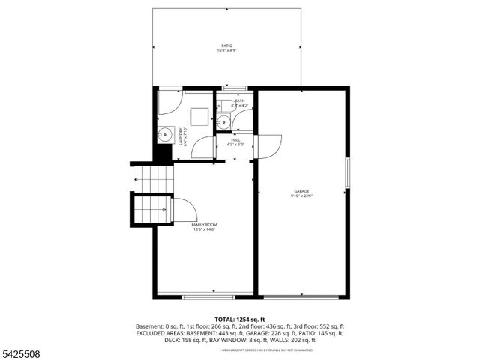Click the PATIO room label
tap(226, 46)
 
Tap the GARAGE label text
tap(301, 191)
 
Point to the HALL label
tap(235, 140)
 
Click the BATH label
tap(239, 100)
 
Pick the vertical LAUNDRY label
tap(181, 139)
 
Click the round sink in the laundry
tap(166, 135)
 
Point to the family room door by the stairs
tap(184, 209)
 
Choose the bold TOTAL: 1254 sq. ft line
tap(240, 319)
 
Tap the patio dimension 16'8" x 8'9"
tap(226, 51)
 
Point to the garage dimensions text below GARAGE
tap(301, 196)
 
